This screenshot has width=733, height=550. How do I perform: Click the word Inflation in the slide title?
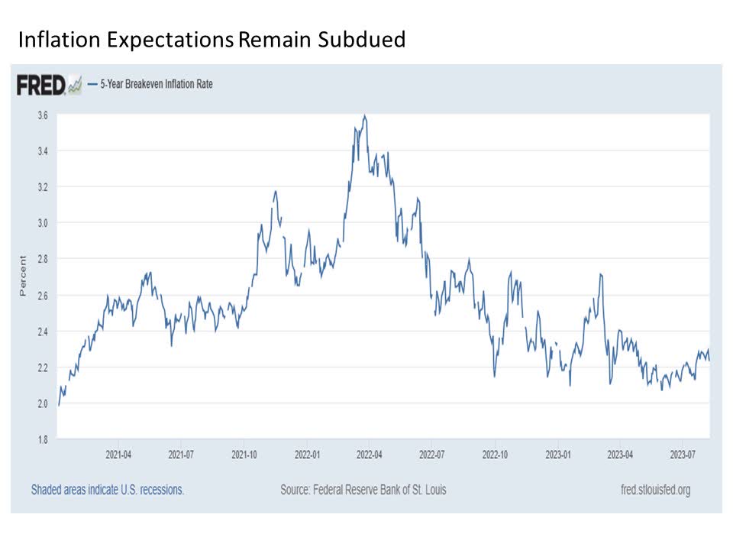click(x=53, y=40)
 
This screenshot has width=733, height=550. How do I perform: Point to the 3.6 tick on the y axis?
click(x=42, y=115)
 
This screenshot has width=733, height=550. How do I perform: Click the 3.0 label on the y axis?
click(x=42, y=223)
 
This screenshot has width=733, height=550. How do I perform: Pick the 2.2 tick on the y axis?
click(x=42, y=367)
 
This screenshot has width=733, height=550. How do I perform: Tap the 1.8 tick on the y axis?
click(x=42, y=439)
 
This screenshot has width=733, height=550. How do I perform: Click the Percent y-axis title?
click(x=23, y=276)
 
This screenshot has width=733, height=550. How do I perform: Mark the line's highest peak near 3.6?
click(x=365, y=116)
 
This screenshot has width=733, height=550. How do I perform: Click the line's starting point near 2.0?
click(x=58, y=404)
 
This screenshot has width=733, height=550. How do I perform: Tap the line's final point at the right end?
click(x=709, y=360)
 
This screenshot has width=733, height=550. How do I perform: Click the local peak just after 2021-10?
click(x=275, y=192)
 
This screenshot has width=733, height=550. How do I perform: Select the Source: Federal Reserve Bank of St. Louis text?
click(x=363, y=490)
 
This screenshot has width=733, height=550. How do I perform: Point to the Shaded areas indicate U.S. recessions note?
click(x=108, y=490)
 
